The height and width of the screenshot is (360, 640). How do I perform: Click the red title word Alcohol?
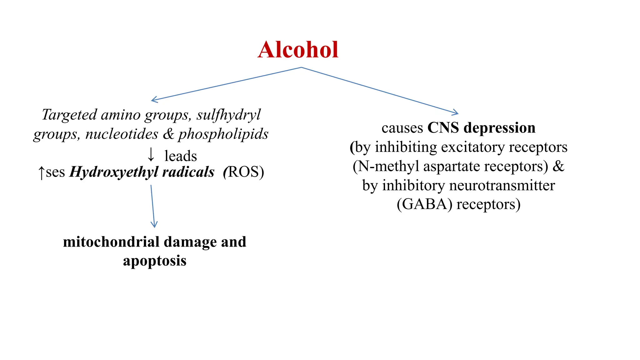pos(298,50)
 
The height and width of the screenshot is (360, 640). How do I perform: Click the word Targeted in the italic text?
pos(69,115)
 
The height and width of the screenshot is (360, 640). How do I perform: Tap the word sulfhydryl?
pos(228,115)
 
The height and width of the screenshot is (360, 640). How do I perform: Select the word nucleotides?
pos(122,134)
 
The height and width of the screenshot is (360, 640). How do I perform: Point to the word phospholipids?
pos(223,134)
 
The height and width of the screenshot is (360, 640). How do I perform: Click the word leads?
pos(181,156)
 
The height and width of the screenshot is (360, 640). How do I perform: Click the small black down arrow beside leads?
pos(151,155)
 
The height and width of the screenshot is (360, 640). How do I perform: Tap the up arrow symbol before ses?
pos(41,172)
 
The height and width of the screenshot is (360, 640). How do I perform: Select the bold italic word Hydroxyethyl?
pos(114,172)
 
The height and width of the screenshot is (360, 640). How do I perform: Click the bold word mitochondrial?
pos(111,242)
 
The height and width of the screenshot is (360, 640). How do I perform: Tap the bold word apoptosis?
pos(155,261)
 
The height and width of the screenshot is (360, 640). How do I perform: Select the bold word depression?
pos(499,128)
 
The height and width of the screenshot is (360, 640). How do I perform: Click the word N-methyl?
pos(388,166)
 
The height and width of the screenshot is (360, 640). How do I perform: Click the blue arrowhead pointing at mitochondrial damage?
pos(154,224)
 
